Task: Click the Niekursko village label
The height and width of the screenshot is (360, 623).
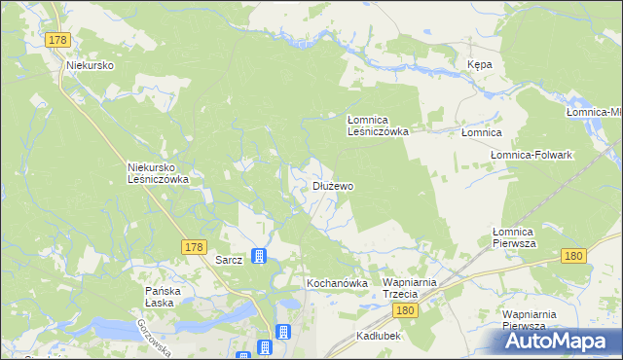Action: tap(91, 65)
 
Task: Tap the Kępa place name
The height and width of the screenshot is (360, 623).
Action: tap(479, 64)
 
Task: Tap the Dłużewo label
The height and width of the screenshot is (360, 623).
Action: tap(332, 185)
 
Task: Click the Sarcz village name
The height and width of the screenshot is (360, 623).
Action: tap(228, 261)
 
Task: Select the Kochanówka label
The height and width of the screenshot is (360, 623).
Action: tap(337, 283)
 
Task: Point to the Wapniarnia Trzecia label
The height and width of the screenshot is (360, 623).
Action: tap(414, 287)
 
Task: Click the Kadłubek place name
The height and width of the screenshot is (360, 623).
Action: tap(379, 335)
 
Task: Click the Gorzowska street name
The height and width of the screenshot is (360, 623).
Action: tap(154, 337)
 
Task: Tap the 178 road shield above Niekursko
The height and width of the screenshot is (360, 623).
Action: tap(58, 39)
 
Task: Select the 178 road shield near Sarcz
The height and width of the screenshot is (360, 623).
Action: tap(193, 248)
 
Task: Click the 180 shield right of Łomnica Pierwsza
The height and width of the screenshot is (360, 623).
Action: tap(574, 256)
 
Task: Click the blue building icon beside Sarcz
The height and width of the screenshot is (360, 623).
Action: tap(258, 257)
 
